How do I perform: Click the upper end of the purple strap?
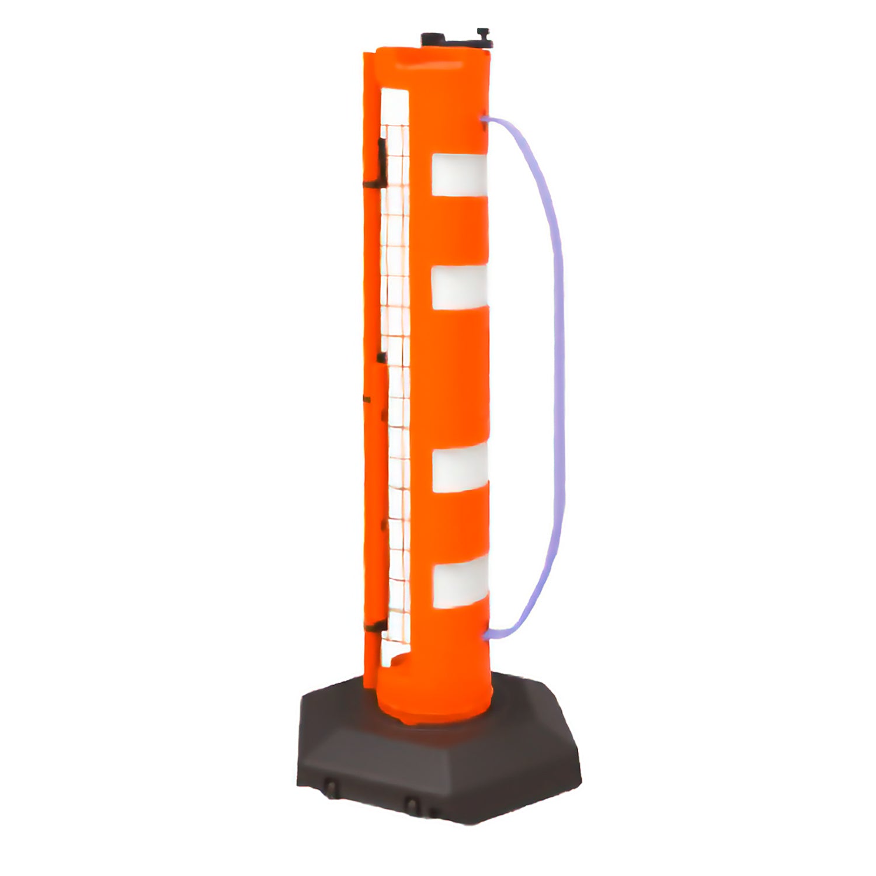click(485, 119)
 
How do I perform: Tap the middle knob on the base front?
click(412, 807)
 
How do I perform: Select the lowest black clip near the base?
click(380, 626)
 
